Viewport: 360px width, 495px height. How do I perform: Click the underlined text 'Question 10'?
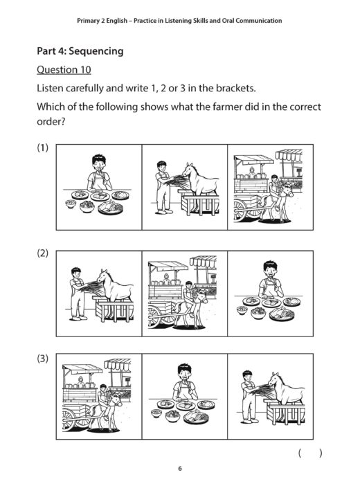pyautogui.click(x=63, y=70)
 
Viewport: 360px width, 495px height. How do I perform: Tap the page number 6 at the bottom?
pyautogui.click(x=179, y=469)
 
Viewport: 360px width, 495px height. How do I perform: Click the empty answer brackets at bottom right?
pyautogui.click(x=309, y=453)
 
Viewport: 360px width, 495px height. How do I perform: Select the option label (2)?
pyautogui.click(x=43, y=254)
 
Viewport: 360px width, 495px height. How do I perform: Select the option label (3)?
pyautogui.click(x=43, y=359)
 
